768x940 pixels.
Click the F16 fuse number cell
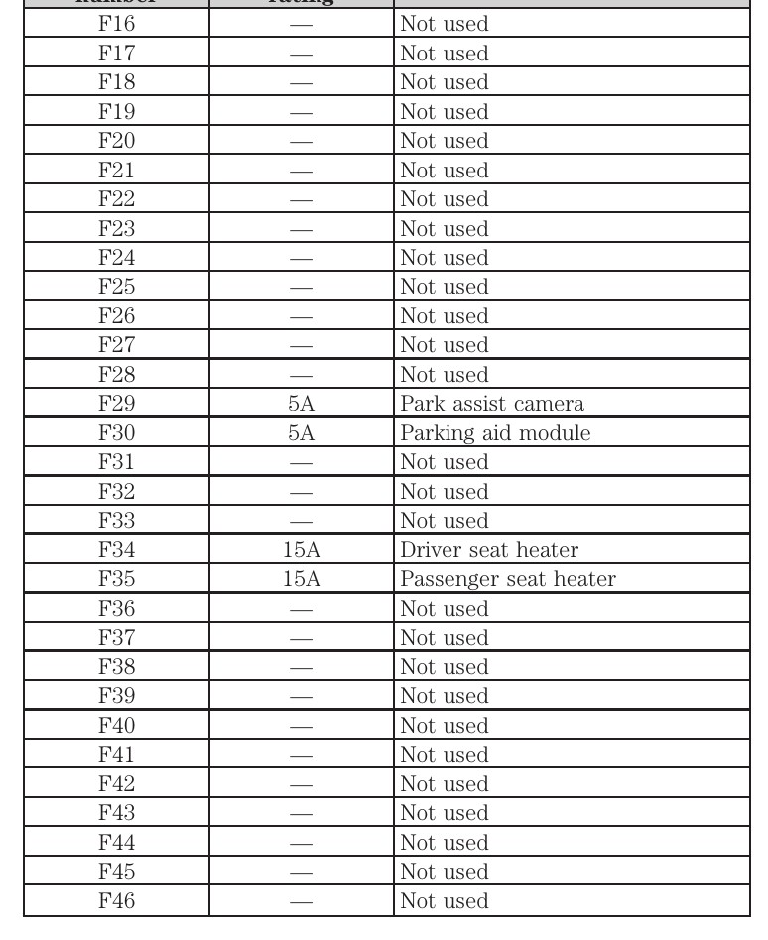tap(115, 24)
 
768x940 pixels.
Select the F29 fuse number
tap(115, 404)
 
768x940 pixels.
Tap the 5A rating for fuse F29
tap(301, 404)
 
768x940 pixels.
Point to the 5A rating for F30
tap(301, 433)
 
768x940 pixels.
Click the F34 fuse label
tap(115, 550)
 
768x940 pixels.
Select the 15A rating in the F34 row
tap(301, 550)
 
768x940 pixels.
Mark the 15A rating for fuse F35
tap(301, 579)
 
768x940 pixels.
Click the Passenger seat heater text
tap(507, 579)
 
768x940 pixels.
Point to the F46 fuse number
tap(115, 901)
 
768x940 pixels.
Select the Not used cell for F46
tap(444, 901)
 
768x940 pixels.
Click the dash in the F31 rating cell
tap(301, 463)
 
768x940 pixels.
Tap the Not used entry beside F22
tap(444, 199)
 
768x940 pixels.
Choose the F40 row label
tap(115, 726)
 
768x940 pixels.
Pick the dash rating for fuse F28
tap(301, 375)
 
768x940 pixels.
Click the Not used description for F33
tap(444, 521)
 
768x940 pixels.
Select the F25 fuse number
tap(115, 287)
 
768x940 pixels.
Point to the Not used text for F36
tap(444, 609)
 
